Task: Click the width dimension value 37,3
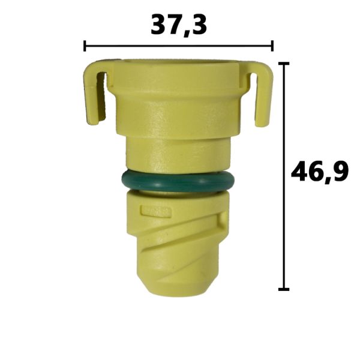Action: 179,25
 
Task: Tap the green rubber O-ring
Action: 178,182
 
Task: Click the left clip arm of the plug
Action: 95,92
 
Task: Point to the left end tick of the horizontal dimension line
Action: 85,46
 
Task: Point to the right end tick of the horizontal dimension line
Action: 272,46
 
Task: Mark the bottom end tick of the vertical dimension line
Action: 284,289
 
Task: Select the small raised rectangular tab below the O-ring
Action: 156,211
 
